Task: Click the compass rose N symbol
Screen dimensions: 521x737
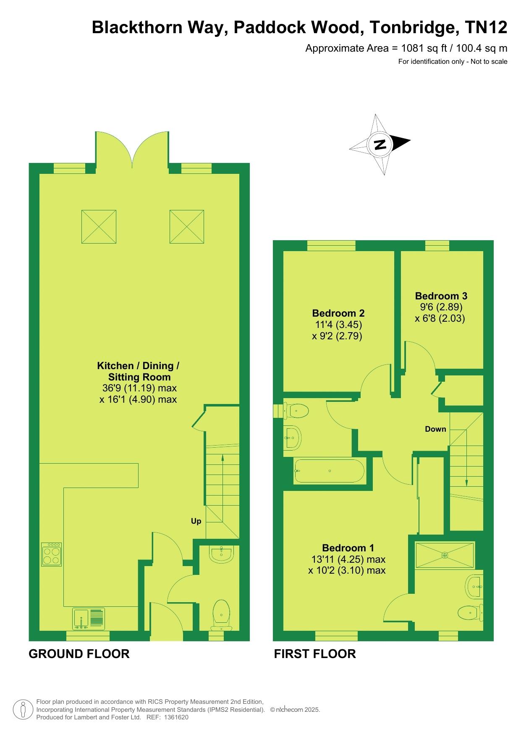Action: [x=380, y=144]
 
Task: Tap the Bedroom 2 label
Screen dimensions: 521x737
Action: [x=338, y=313]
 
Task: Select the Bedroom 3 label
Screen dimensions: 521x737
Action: [x=441, y=296]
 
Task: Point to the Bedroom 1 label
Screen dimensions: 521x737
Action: [x=348, y=548]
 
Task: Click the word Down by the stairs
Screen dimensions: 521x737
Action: [x=435, y=429]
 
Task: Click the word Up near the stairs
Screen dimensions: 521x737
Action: [x=196, y=521]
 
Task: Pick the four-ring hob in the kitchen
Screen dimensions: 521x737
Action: [x=52, y=554]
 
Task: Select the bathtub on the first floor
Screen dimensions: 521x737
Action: [x=329, y=471]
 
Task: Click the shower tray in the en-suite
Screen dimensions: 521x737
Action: [x=445, y=555]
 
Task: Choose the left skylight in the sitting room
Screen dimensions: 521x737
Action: [x=99, y=227]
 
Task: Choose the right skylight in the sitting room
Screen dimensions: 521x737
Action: [x=187, y=227]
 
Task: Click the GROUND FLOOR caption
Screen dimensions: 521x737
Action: [x=79, y=654]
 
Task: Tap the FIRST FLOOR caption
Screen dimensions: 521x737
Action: [x=315, y=654]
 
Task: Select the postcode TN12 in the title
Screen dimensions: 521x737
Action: [x=487, y=28]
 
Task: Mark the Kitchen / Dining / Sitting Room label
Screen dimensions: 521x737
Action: [x=139, y=371]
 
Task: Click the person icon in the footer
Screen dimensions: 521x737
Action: [x=24, y=710]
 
